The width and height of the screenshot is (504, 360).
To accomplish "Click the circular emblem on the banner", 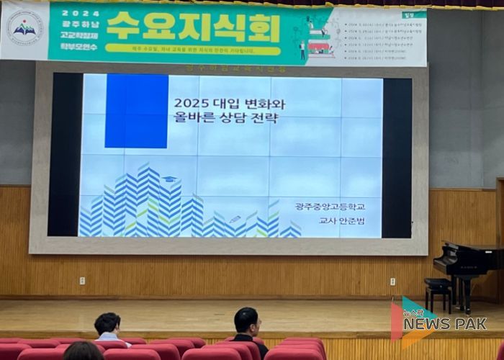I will tap(25, 29).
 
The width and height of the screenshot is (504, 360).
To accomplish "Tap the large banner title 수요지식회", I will tap(194, 27).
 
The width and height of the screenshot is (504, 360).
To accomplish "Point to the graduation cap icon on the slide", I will tap(169, 179).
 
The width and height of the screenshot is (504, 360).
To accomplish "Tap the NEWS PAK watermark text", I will tap(444, 324).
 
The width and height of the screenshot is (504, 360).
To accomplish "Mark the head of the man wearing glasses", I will tap(107, 325).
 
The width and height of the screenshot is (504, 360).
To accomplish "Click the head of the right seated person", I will tap(246, 320).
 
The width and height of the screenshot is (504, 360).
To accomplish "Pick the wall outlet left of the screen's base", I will tap(82, 280).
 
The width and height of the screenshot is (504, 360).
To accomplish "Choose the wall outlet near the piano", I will tap(392, 281).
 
